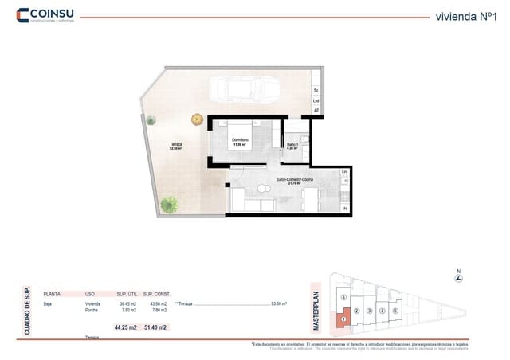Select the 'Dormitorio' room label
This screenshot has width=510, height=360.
pyautogui.click(x=240, y=141)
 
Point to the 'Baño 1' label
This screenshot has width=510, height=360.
pyautogui.click(x=292, y=145)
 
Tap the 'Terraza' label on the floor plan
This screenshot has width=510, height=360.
pyautogui.click(x=175, y=144)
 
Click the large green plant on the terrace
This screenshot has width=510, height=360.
pyautogui.click(x=169, y=205)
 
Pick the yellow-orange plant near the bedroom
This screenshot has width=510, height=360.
pyautogui.click(x=197, y=119)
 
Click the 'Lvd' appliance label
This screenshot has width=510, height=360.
pyautogui.click(x=316, y=101)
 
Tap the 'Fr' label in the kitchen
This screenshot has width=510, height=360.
pyautogui.click(x=344, y=208)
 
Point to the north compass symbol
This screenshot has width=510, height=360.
pyautogui.click(x=458, y=277)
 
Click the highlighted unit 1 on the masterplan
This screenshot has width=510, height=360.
pyautogui.click(x=343, y=319)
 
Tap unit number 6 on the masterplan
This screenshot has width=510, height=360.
pyautogui.click(x=343, y=297)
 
